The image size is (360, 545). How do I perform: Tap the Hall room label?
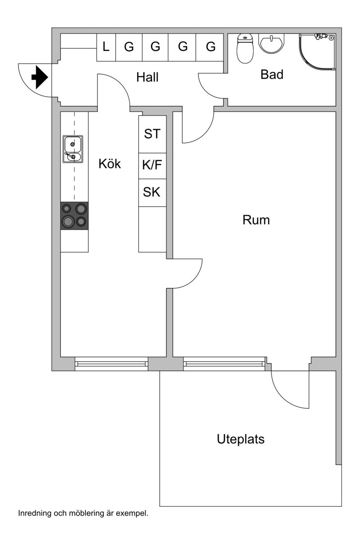148,77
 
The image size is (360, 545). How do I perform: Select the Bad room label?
272,75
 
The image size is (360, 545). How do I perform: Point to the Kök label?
110,164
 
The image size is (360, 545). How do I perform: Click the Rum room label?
256,220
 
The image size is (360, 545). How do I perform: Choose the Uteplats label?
240,439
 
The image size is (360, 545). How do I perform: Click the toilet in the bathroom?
245,49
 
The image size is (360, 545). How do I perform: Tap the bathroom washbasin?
271,44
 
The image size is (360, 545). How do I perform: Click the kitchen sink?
72,149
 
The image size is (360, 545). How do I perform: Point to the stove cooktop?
74,216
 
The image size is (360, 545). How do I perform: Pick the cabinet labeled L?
106,47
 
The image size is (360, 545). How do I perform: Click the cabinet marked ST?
152,134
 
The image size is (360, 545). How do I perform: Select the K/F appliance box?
152,165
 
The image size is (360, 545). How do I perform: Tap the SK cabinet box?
152,192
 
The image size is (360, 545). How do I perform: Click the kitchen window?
111,364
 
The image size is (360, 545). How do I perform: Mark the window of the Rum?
224,364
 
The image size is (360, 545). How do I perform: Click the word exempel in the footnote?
134,513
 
